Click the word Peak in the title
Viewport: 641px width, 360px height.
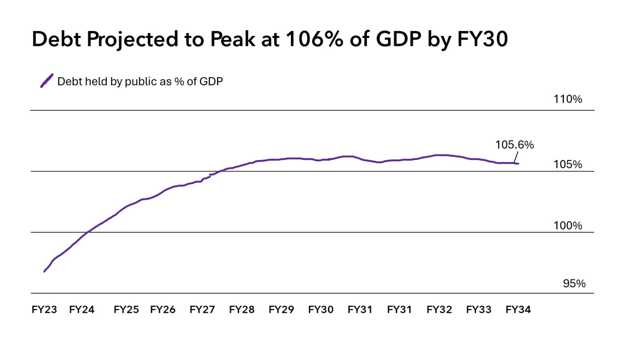click(232, 39)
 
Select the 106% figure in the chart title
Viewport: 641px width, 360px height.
click(314, 39)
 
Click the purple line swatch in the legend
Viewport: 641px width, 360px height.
click(47, 81)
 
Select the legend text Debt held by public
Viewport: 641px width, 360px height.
click(114, 81)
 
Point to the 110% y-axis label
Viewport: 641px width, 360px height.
click(568, 99)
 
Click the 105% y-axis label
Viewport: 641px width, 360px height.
click(568, 165)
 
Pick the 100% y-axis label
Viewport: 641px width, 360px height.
click(568, 226)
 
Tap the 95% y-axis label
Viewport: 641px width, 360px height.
click(574, 284)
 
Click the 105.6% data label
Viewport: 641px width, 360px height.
click(514, 145)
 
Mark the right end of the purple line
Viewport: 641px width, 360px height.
click(518, 163)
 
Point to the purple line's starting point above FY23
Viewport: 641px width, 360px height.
click(45, 271)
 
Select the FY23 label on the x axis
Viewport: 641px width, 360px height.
click(44, 310)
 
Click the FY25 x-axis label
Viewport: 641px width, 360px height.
click(126, 310)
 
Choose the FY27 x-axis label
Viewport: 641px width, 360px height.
click(202, 310)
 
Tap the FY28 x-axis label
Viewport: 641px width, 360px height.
click(242, 310)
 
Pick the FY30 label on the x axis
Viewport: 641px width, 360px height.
click(320, 310)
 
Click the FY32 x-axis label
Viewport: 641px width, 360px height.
click(439, 310)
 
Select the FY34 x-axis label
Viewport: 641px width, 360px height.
click(518, 310)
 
